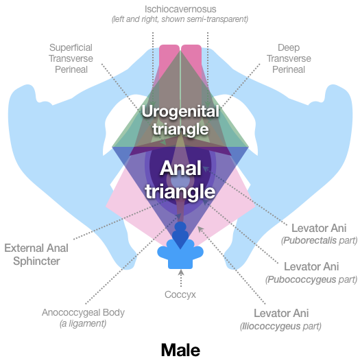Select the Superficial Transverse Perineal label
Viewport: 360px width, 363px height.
[71, 58]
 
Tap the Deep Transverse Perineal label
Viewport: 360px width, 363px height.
[288, 58]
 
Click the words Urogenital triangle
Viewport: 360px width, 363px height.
[181, 119]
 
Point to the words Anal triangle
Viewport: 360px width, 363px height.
[181, 180]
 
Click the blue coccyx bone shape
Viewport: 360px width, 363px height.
[181, 254]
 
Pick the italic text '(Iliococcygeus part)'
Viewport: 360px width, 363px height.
[280, 326]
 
